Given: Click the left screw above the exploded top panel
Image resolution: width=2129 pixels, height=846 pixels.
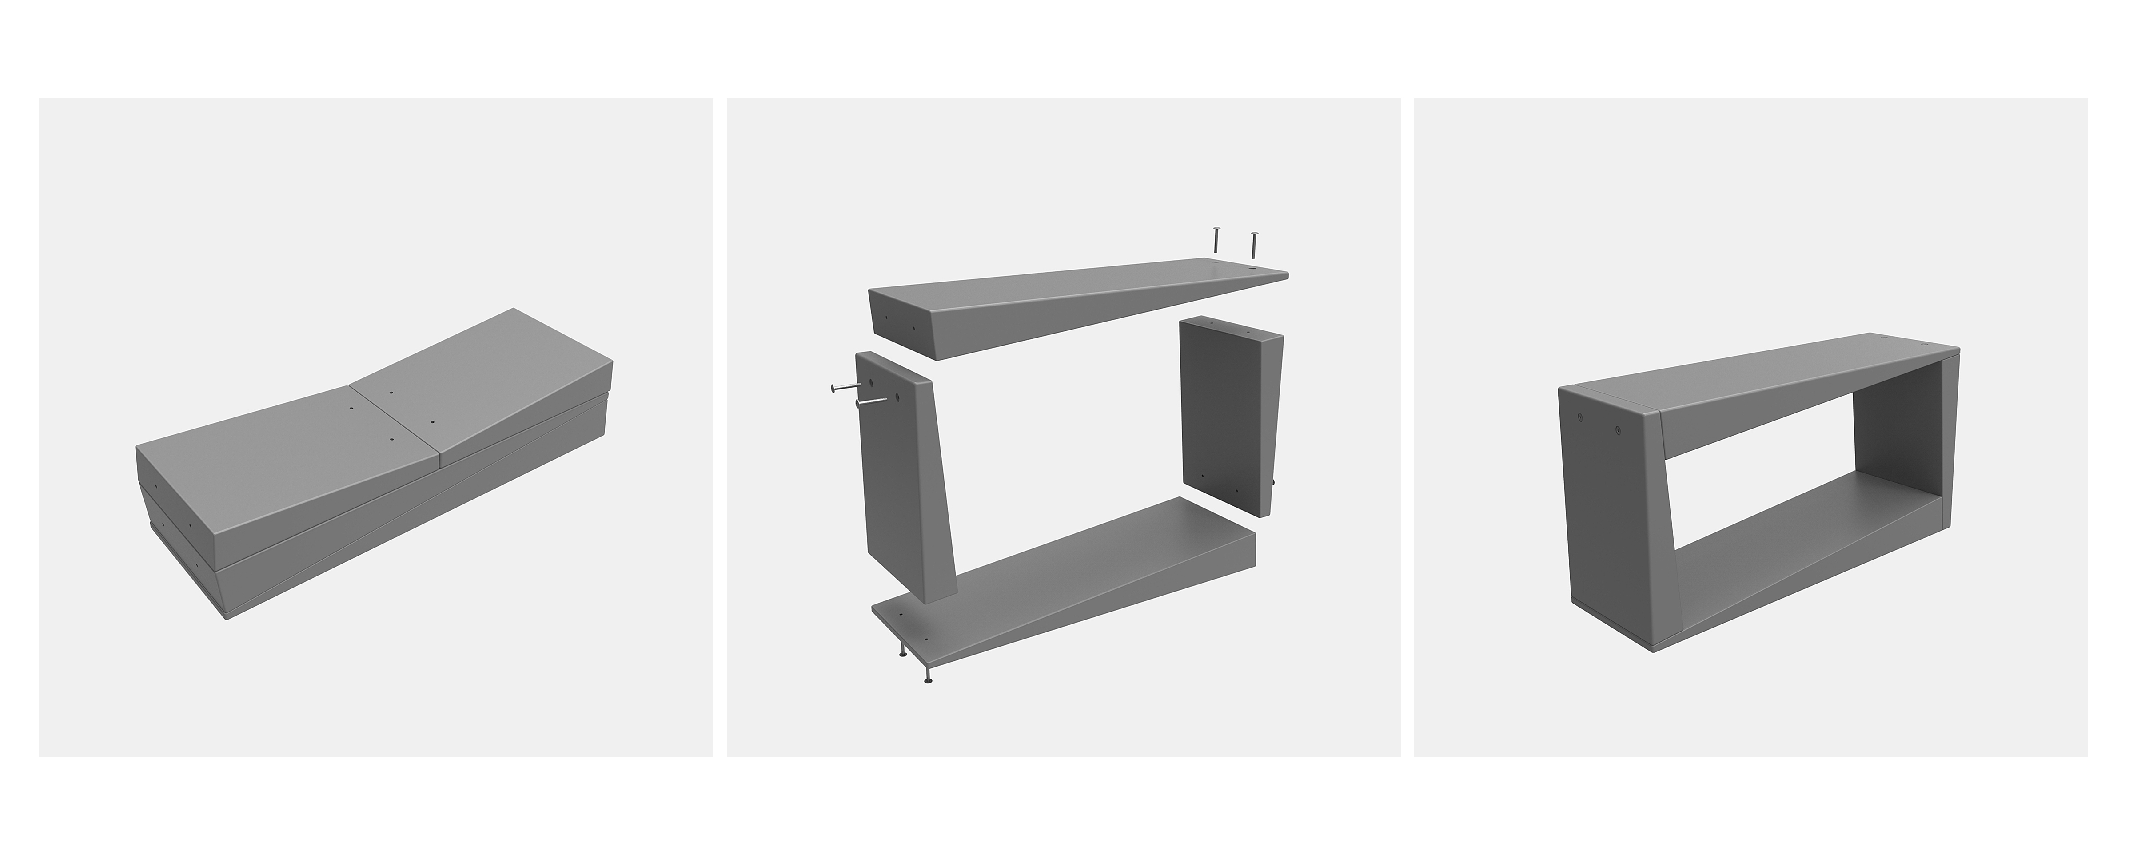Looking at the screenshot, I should tap(1216, 240).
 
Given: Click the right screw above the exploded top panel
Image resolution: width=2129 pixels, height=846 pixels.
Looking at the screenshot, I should tap(1254, 245).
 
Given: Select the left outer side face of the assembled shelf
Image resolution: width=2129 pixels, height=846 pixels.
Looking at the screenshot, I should tap(1607, 529).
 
